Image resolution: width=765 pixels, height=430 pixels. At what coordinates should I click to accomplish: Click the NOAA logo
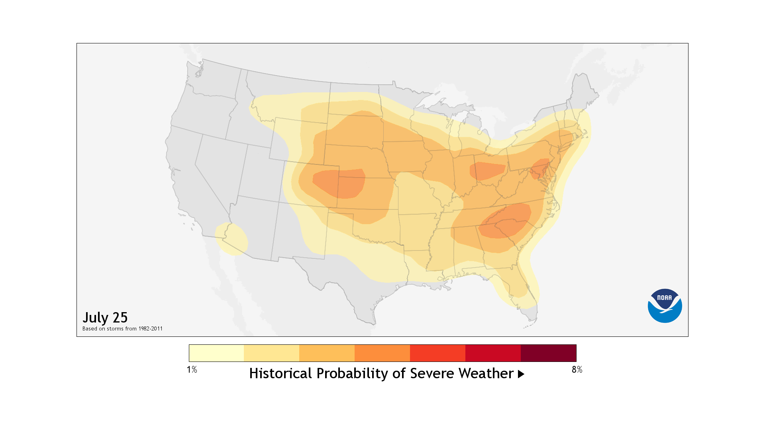665,306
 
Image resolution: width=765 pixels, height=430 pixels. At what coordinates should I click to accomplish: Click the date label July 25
105,317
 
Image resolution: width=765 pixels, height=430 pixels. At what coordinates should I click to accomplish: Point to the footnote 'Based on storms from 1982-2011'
122,329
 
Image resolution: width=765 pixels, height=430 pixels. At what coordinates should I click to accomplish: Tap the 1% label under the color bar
192,369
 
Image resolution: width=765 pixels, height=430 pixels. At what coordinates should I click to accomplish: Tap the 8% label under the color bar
577,369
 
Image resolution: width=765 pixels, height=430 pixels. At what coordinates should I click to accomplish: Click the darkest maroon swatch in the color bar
548,353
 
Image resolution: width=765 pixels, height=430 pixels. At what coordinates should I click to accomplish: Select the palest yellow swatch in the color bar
216,353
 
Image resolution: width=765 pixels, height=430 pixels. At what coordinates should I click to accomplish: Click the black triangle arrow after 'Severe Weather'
521,374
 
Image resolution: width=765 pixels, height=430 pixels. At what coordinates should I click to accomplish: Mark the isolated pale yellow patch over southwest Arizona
231,239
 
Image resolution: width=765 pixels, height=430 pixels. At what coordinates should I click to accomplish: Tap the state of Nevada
217,167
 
